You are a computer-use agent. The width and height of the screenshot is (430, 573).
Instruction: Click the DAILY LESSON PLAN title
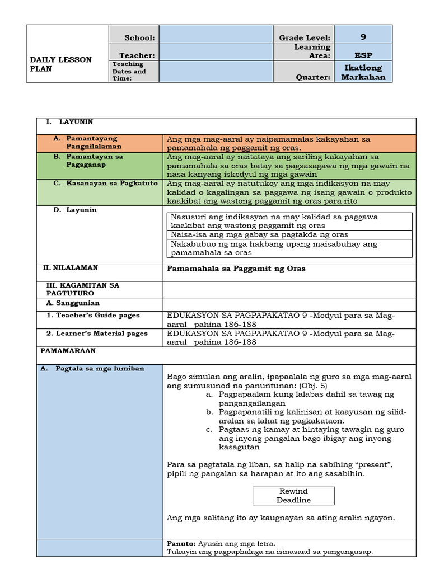click(60, 64)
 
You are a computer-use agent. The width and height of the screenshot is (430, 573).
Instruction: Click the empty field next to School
click(216, 34)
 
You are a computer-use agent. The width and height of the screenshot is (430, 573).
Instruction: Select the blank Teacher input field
click(216, 51)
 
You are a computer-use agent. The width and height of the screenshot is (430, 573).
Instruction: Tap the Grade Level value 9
click(363, 37)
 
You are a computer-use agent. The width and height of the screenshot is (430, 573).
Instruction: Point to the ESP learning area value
click(363, 55)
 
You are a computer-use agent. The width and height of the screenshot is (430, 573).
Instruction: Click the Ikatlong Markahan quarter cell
click(363, 72)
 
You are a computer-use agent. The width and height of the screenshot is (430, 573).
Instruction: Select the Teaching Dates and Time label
click(129, 71)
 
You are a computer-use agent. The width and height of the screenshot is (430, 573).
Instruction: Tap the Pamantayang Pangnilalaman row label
click(94, 142)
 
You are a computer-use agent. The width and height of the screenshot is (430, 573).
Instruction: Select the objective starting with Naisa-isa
click(259, 234)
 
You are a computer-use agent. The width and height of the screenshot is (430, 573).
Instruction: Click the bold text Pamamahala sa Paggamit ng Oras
click(236, 269)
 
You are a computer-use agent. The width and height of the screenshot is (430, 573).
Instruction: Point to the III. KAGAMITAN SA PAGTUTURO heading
click(82, 289)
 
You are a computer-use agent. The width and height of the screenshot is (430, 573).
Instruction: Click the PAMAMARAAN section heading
click(68, 351)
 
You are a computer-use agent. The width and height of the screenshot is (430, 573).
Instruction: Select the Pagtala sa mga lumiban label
click(99, 369)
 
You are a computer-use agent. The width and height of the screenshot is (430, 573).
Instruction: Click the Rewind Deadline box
click(293, 496)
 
